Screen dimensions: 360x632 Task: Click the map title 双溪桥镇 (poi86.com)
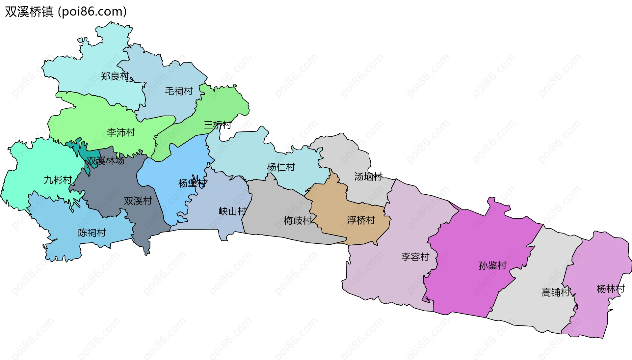coord(66,12)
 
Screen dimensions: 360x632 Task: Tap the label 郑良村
coord(115,76)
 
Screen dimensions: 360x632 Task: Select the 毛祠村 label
coord(179,91)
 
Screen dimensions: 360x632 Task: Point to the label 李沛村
coord(121,132)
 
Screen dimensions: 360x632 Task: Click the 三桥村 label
coord(217,125)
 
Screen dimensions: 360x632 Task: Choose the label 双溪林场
coord(105,161)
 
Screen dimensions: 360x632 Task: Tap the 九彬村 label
coord(58,180)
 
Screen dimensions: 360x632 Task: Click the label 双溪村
coord(138,201)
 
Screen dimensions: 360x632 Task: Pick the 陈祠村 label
coord(92,233)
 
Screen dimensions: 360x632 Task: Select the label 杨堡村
coord(193,183)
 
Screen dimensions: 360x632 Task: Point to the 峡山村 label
coord(232,211)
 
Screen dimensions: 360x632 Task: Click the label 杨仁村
coord(281,167)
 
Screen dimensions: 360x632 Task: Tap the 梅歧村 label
coord(298,220)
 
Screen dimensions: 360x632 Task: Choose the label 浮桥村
coord(361,220)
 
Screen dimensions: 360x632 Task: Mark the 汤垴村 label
coord(368,177)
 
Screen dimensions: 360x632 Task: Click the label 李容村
coord(415,257)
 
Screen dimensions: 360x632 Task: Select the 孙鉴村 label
coord(492,265)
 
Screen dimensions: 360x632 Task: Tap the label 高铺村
coord(556,292)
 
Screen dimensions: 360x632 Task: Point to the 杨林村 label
coord(611,289)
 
